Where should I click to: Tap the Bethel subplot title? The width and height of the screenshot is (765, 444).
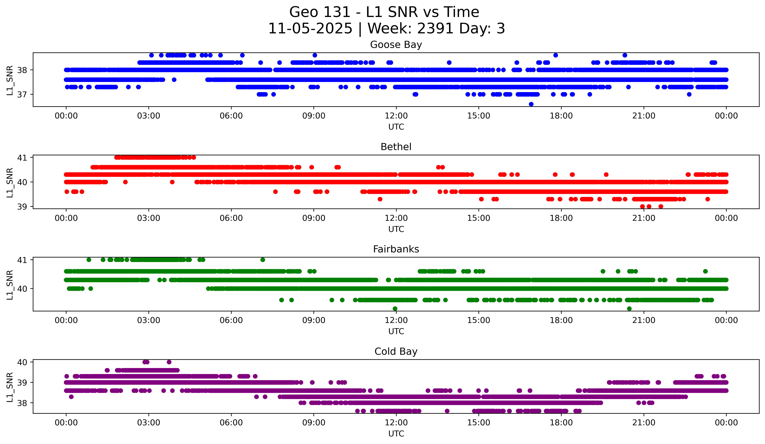(x=396, y=147)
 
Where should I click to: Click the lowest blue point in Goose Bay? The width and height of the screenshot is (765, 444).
(x=531, y=104)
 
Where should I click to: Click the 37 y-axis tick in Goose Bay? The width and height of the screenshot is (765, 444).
(x=22, y=94)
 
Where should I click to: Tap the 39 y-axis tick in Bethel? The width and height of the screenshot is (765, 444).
(x=22, y=207)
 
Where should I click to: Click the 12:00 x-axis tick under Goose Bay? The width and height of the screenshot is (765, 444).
(x=396, y=116)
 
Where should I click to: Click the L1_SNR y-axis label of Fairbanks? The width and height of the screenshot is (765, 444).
(x=10, y=285)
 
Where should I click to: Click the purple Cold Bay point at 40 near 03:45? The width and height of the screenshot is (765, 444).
(x=169, y=362)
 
